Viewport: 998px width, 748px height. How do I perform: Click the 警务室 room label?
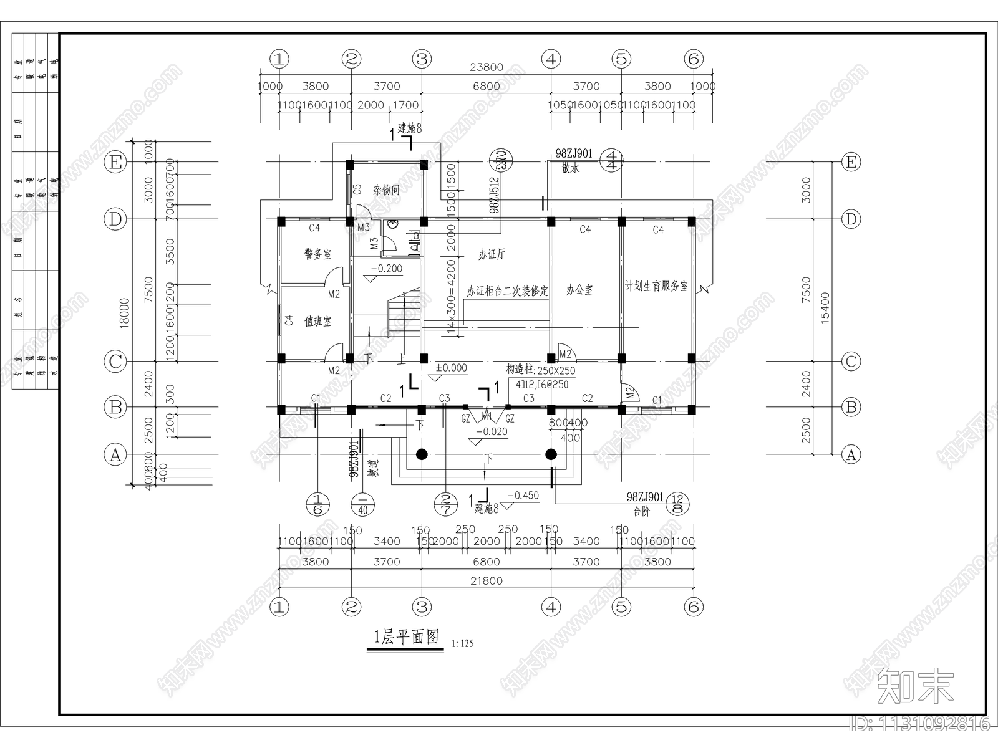pyautogui.click(x=318, y=254)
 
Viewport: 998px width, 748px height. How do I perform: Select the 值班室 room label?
pyautogui.click(x=318, y=322)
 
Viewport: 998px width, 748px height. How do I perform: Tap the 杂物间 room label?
pyautogui.click(x=387, y=190)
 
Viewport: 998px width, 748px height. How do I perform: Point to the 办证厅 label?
pyautogui.click(x=492, y=254)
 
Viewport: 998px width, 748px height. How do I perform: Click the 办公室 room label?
pyautogui.click(x=579, y=290)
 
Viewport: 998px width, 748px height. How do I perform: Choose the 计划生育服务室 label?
pyautogui.click(x=657, y=286)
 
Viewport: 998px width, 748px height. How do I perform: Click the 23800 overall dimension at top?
pyautogui.click(x=487, y=68)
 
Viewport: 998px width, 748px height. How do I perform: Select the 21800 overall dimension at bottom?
pyautogui.click(x=487, y=581)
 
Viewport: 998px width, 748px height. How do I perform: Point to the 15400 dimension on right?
pyautogui.click(x=826, y=307)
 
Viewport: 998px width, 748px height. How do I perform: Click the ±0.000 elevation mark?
pyautogui.click(x=451, y=368)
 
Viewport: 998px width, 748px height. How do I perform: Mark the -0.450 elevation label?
pyautogui.click(x=523, y=496)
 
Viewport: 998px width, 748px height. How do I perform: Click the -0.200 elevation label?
pyautogui.click(x=387, y=269)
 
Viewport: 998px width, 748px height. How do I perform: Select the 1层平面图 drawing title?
pyautogui.click(x=406, y=637)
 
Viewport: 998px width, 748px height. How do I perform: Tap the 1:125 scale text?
pyautogui.click(x=462, y=644)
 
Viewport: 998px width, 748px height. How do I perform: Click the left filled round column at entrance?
pyautogui.click(x=422, y=454)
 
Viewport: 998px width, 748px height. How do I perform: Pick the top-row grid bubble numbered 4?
pyautogui.click(x=551, y=59)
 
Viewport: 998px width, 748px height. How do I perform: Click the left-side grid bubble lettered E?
pyautogui.click(x=115, y=163)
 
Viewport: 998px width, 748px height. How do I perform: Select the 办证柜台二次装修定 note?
pyautogui.click(x=507, y=291)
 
